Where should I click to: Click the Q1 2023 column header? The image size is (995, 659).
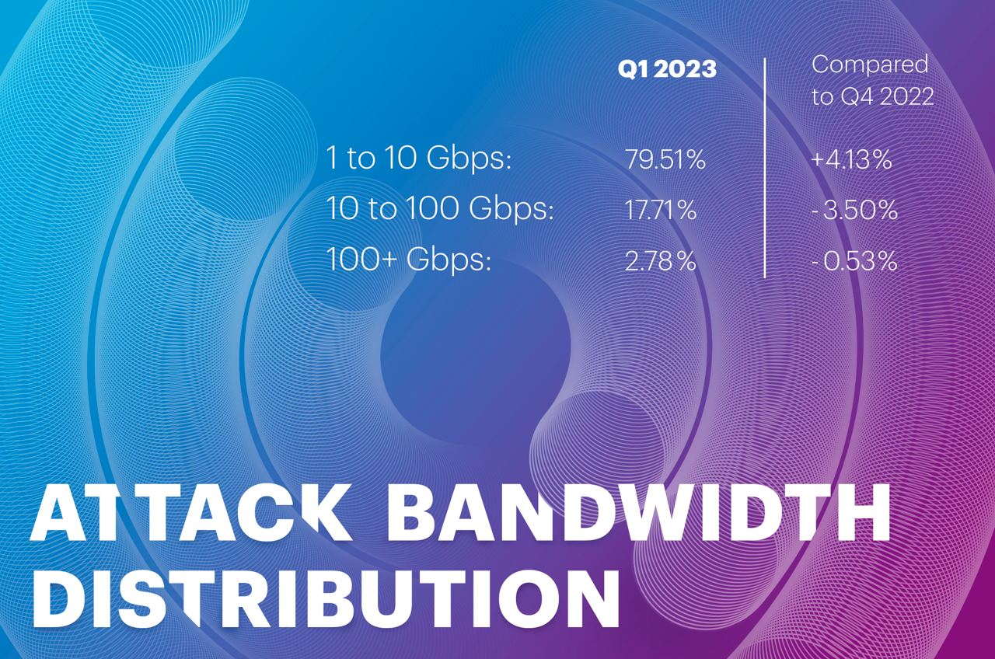[x=667, y=69]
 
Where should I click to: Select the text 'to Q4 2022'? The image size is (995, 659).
[x=873, y=96]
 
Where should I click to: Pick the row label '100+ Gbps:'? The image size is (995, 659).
[x=409, y=260]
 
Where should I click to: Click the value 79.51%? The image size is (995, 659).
[x=665, y=159]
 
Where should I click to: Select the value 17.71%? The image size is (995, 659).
[x=661, y=210]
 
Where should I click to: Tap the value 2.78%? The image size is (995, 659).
[x=660, y=260]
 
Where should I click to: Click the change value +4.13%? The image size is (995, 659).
[x=851, y=159]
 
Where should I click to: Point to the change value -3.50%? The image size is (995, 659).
[x=854, y=210]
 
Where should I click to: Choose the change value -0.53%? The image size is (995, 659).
[x=854, y=260]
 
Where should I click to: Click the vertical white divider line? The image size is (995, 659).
[x=764, y=168]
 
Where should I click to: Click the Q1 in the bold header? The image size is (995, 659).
[x=632, y=69]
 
